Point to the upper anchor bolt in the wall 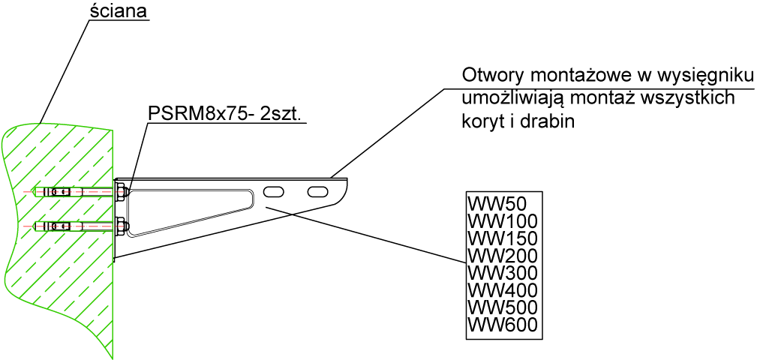[x=75, y=192]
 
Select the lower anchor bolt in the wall [x=75, y=226]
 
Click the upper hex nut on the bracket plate [x=121, y=191]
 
